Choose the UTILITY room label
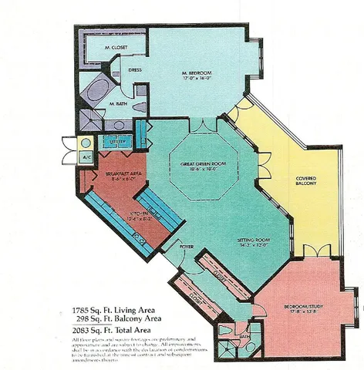point(117,143)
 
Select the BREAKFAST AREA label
point(120,175)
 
